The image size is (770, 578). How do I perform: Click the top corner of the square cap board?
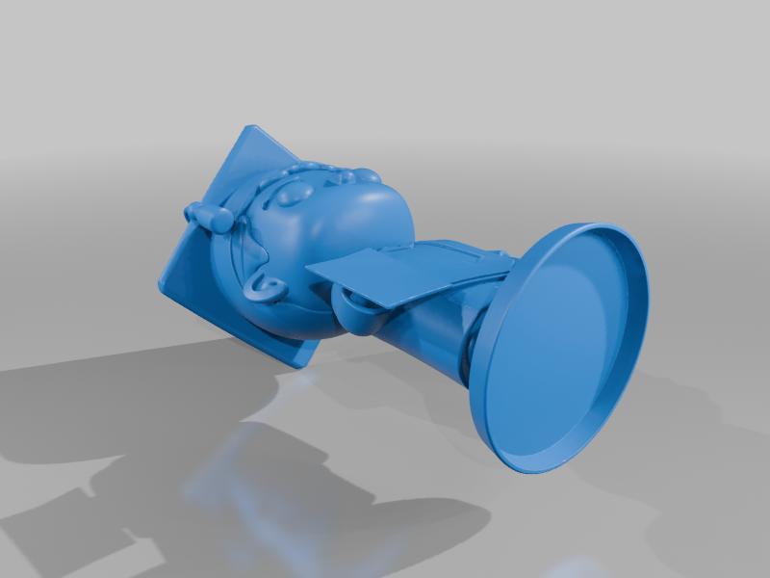coord(253,129)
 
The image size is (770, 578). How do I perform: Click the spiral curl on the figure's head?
coord(262,286)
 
